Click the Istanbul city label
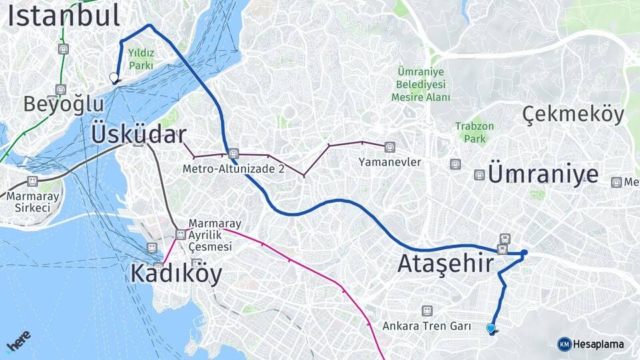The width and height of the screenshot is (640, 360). pos(63,16)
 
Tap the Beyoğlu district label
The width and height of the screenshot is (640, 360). pos(63,105)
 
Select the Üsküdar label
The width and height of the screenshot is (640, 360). pos(138,134)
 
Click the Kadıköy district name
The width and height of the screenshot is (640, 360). pos(176,273)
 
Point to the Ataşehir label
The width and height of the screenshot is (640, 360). pos(445,263)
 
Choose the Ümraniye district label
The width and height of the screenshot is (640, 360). pos(543,174)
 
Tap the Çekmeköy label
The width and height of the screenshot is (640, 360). pos(573,115)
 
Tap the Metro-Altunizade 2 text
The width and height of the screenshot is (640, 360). pos(233,169)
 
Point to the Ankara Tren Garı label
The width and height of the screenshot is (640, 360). pos(427,327)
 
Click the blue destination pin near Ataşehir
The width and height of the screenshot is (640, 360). pos(491,328)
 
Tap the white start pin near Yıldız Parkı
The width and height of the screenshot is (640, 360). pos(114,78)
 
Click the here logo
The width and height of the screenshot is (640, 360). pos(18,341)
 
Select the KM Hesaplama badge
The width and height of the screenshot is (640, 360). pos(591,344)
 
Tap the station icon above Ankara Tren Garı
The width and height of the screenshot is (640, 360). pos(427,311)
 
